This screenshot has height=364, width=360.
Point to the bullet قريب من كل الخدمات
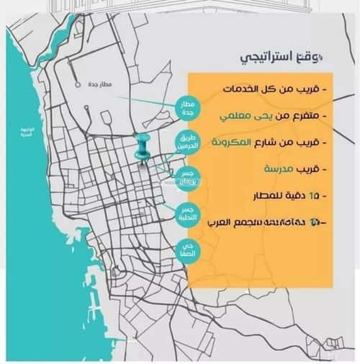click(274, 89)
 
